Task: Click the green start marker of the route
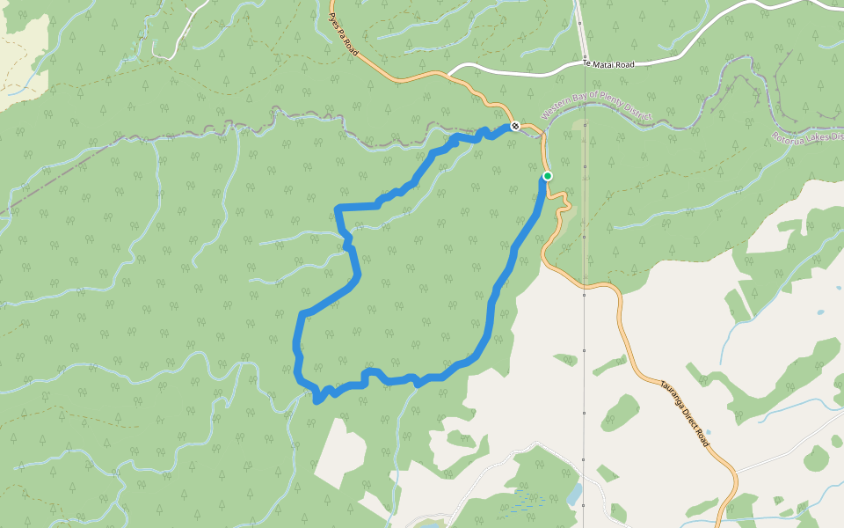(x=547, y=176)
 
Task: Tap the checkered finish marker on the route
(x=515, y=126)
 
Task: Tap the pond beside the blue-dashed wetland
(x=575, y=494)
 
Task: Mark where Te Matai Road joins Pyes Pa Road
(x=449, y=74)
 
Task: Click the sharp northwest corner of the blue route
(x=338, y=208)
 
